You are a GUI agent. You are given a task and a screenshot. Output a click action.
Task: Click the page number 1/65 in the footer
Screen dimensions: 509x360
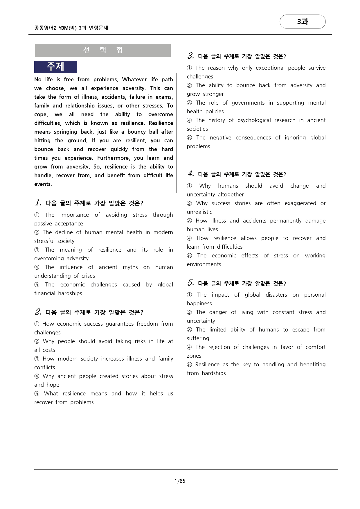(180, 481)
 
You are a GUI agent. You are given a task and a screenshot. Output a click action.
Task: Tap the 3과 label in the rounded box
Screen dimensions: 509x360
(303, 22)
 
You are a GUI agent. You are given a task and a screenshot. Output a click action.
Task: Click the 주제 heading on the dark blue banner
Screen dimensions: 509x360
(55, 67)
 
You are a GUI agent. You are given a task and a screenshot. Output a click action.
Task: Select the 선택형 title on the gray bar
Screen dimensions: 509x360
(103, 50)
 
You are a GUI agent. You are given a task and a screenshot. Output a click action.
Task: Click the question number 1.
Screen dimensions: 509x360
(38, 203)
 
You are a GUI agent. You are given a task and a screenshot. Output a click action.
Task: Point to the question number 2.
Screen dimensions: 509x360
(38, 312)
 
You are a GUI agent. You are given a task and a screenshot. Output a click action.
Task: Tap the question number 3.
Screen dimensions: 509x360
(190, 56)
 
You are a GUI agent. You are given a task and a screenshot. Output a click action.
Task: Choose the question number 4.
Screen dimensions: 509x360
(190, 174)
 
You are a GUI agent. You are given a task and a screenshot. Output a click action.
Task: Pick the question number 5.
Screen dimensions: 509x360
(190, 283)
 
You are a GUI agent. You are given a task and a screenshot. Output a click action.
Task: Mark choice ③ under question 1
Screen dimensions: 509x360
(37, 250)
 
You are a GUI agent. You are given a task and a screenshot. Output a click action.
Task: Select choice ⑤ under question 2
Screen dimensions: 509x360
(37, 394)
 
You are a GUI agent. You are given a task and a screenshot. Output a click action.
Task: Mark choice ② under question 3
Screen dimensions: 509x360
(190, 85)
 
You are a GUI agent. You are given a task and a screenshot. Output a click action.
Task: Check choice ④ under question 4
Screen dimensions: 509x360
(190, 238)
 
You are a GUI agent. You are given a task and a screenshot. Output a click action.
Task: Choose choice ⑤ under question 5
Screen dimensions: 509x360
(190, 365)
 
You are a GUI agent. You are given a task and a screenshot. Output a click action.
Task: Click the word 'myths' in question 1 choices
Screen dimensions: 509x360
(130, 267)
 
